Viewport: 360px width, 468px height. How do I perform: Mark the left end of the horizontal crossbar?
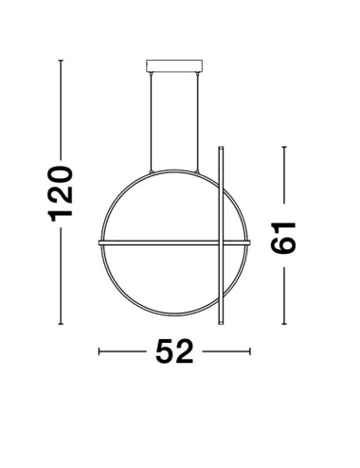[x=100, y=243]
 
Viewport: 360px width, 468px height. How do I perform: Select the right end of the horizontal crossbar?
[x=249, y=243]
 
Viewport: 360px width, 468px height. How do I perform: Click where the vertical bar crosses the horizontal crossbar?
[x=221, y=243]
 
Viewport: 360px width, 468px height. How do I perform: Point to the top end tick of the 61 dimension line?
[x=283, y=147]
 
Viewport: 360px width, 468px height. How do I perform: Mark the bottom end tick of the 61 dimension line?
[x=283, y=321]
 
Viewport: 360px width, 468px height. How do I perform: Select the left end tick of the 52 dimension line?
[x=99, y=351]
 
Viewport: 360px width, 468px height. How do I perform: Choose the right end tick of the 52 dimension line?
[x=250, y=351]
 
